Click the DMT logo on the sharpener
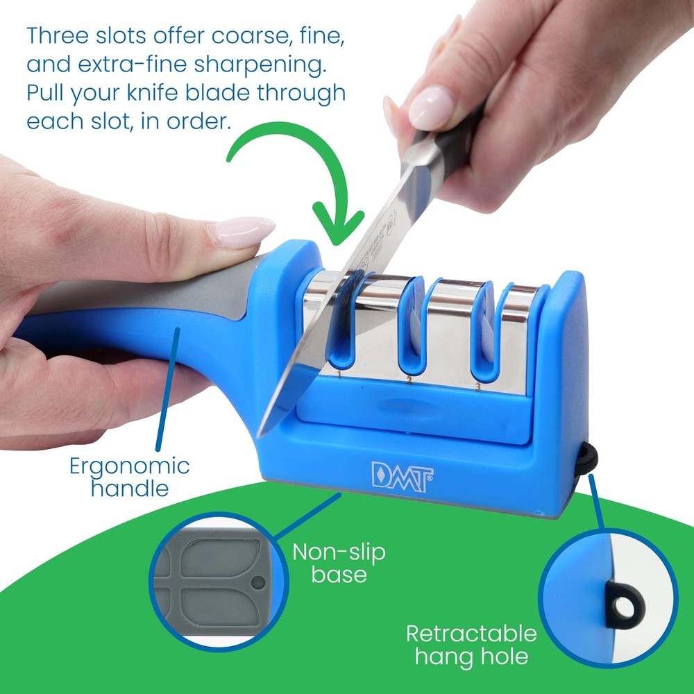pos(403,477)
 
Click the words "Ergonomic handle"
pos(130,476)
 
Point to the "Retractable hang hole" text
pos(471,644)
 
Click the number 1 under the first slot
pos(339,375)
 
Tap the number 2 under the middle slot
pos(409,381)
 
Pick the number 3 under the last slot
pos(478,386)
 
